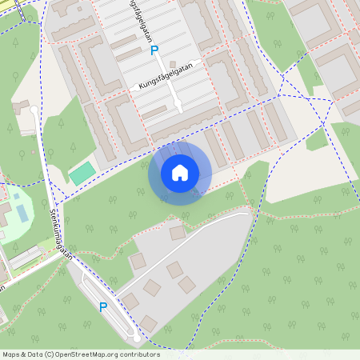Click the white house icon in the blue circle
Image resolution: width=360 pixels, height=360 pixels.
point(180,172)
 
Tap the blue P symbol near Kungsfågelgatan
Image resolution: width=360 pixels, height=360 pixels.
point(154,50)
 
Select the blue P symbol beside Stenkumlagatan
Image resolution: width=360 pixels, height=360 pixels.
point(102,306)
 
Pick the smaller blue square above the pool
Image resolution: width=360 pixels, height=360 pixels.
point(16,195)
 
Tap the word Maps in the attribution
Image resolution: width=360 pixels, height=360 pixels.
point(12,354)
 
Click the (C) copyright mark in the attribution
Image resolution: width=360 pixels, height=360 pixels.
point(49,354)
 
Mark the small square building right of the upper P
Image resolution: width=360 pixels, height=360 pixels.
point(173,63)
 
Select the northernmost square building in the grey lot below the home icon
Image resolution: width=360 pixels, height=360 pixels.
point(177,233)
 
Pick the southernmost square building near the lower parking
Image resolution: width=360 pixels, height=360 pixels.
point(148,323)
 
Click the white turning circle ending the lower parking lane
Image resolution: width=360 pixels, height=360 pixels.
point(137,339)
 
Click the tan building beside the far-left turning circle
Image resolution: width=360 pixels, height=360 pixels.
point(20,106)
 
